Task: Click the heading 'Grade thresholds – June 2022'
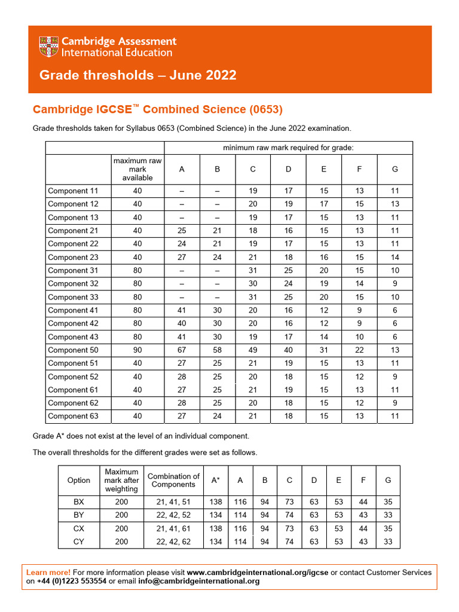137,75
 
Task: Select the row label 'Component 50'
73,350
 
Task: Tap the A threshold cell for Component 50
182,350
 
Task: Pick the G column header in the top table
394,169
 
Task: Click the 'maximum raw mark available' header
137,169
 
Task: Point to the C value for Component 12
253,204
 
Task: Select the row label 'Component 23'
73,257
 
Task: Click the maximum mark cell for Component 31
137,270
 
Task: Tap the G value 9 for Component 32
394,284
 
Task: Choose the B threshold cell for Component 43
217,337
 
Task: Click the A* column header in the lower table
215,480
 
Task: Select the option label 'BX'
79,503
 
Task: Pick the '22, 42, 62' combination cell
174,542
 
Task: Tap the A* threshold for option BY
216,516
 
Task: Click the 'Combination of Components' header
174,480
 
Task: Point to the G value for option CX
387,529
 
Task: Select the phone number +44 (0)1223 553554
71,581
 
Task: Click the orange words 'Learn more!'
48,573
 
